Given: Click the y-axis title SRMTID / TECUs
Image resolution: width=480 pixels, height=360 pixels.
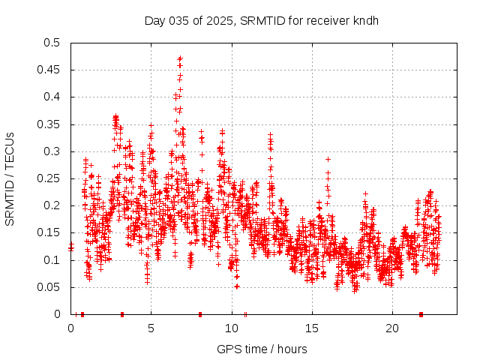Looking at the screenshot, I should (10, 178).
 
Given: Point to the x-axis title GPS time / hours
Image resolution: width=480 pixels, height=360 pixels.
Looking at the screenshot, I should (262, 349).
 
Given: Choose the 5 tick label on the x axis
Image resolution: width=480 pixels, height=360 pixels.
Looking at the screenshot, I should (151, 328).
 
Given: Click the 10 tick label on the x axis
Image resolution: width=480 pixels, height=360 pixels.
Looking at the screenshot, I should (231, 328).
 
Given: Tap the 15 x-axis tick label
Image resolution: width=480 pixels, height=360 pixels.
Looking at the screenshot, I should (311, 328).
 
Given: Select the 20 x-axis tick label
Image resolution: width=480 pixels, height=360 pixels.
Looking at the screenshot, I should (391, 328).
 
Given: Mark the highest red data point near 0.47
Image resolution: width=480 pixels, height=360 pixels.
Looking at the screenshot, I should (180, 58).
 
